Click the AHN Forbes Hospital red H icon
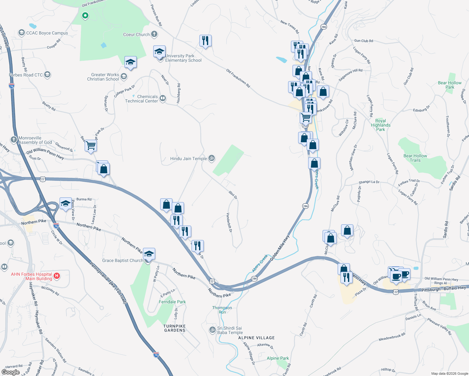(x=57, y=276)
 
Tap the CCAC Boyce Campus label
(x=47, y=33)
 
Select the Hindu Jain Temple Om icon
(x=212, y=158)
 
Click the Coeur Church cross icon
(x=154, y=34)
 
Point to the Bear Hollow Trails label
(x=415, y=158)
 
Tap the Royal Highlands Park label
(x=381, y=125)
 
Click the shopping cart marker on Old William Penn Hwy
(x=91, y=145)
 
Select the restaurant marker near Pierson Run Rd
(x=205, y=40)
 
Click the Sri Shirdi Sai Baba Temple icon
(x=212, y=330)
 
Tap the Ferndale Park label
(x=172, y=302)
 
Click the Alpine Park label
(x=278, y=358)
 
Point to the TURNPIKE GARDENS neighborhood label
(x=175, y=328)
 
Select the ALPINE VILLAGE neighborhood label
(x=256, y=338)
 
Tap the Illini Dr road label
(x=233, y=195)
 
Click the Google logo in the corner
(x=10, y=372)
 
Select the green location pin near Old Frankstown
(x=85, y=15)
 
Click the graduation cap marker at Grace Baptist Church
(x=149, y=253)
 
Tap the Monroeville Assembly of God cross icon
(x=13, y=139)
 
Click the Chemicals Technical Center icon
(x=162, y=98)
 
